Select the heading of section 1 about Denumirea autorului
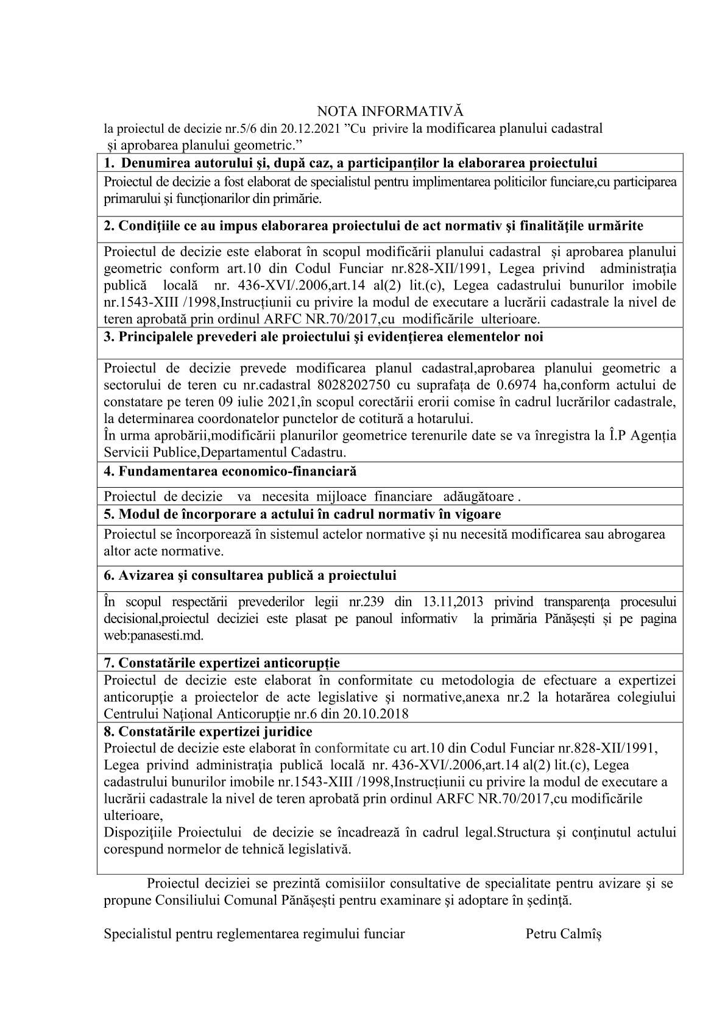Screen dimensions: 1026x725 pyautogui.click(x=350, y=163)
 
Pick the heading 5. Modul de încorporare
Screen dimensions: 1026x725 pyautogui.click(x=302, y=514)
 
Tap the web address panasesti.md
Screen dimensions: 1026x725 pyautogui.click(x=154, y=635)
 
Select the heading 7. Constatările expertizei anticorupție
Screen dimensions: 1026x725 pyautogui.click(x=222, y=663)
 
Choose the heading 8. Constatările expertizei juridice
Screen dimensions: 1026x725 pyautogui.click(x=208, y=732)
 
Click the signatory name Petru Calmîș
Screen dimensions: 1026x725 pyautogui.click(x=564, y=934)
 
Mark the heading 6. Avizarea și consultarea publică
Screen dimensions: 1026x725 pyautogui.click(x=250, y=575)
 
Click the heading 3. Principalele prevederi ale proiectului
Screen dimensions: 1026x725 pyautogui.click(x=324, y=337)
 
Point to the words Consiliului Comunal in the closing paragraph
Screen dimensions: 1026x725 pyautogui.click(x=217, y=900)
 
